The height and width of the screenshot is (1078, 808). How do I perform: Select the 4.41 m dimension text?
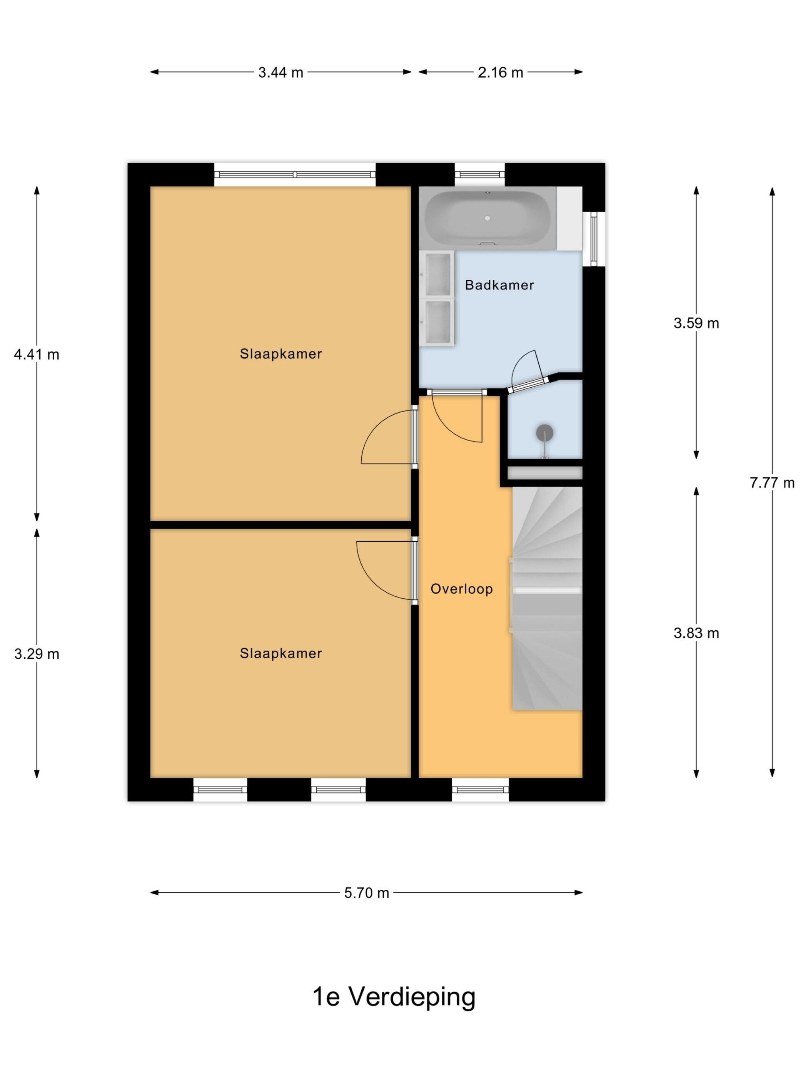click(37, 354)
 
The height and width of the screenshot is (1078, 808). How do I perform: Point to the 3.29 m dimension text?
click(37, 653)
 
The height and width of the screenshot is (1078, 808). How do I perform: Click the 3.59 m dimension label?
click(696, 323)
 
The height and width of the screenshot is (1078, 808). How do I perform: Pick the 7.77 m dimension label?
click(772, 482)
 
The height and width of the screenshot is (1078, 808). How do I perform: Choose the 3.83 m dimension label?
click(696, 633)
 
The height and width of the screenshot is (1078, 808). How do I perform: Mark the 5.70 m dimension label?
click(367, 893)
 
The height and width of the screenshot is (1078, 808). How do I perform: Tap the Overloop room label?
click(462, 589)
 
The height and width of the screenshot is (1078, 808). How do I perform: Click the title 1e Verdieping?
click(394, 997)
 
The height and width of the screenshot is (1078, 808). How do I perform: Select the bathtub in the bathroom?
click(487, 218)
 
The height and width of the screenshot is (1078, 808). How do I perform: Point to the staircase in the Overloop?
click(547, 598)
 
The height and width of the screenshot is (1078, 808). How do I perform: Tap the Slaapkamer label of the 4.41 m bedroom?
click(280, 354)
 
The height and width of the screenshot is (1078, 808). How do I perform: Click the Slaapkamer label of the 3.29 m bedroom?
click(280, 653)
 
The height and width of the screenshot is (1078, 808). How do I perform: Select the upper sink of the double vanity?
click(437, 275)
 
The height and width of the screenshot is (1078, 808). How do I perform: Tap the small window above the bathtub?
click(480, 174)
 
